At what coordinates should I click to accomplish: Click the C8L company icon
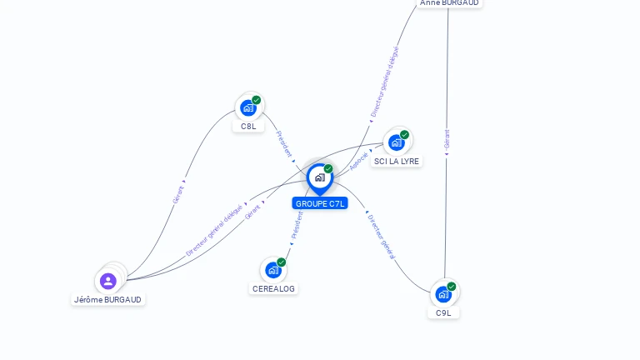click(x=248, y=107)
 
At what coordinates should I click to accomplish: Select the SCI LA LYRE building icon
click(x=397, y=142)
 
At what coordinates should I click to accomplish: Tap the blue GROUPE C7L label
click(x=320, y=203)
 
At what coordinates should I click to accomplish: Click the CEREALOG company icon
click(x=272, y=270)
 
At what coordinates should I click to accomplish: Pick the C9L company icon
click(x=443, y=294)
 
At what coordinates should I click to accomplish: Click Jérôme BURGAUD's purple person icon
click(x=107, y=281)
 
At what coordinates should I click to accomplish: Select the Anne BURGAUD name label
click(x=450, y=3)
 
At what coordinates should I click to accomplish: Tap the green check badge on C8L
click(x=257, y=100)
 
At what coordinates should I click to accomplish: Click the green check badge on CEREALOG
click(x=282, y=262)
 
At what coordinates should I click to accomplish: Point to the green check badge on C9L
click(x=452, y=287)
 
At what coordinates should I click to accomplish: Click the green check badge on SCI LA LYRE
click(x=405, y=135)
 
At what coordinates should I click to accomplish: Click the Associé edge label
click(x=359, y=161)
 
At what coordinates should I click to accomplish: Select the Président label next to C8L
click(x=284, y=143)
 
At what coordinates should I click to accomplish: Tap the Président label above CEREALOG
click(x=297, y=224)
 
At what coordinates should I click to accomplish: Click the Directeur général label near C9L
click(x=382, y=237)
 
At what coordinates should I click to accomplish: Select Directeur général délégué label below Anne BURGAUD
click(x=384, y=81)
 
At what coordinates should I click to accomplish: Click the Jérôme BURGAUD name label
click(x=107, y=300)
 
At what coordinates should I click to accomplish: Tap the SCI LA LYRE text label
click(x=397, y=162)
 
